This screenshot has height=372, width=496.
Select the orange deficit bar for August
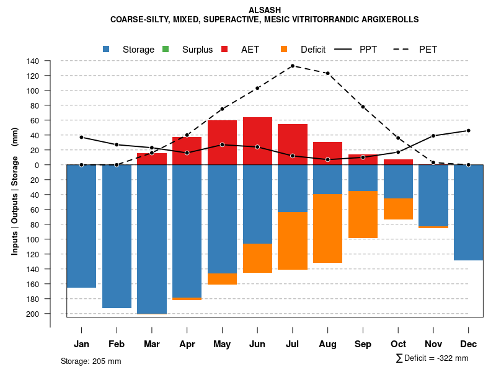328,228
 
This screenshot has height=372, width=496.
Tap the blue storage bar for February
117,236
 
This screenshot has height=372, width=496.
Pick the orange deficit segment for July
293,241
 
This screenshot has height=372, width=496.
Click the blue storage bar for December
468,212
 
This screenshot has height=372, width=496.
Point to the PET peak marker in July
293,66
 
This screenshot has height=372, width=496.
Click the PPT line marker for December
469,131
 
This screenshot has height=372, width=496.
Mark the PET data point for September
363,107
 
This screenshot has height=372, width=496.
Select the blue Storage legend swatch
107,49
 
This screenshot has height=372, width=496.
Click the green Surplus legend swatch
166,49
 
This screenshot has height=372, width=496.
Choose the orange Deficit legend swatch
284,49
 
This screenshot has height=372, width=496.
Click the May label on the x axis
222,344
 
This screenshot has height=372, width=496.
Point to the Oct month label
398,344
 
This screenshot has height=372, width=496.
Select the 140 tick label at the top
33,61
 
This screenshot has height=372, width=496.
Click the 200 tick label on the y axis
33,314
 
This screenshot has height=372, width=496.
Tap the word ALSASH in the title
264,10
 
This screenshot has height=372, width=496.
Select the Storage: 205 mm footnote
91,361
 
